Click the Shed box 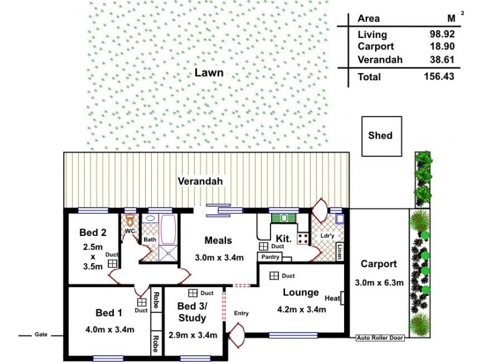pos(380,135)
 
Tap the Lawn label pos(209,73)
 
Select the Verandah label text pos(200,181)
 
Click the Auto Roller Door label pos(380,338)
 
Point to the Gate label pos(41,334)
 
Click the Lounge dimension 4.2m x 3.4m pos(301,310)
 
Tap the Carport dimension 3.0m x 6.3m pos(379,282)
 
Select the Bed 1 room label pos(109,313)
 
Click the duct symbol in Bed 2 pos(113,263)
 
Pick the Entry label pos(241,313)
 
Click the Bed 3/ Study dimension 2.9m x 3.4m pos(192,335)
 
